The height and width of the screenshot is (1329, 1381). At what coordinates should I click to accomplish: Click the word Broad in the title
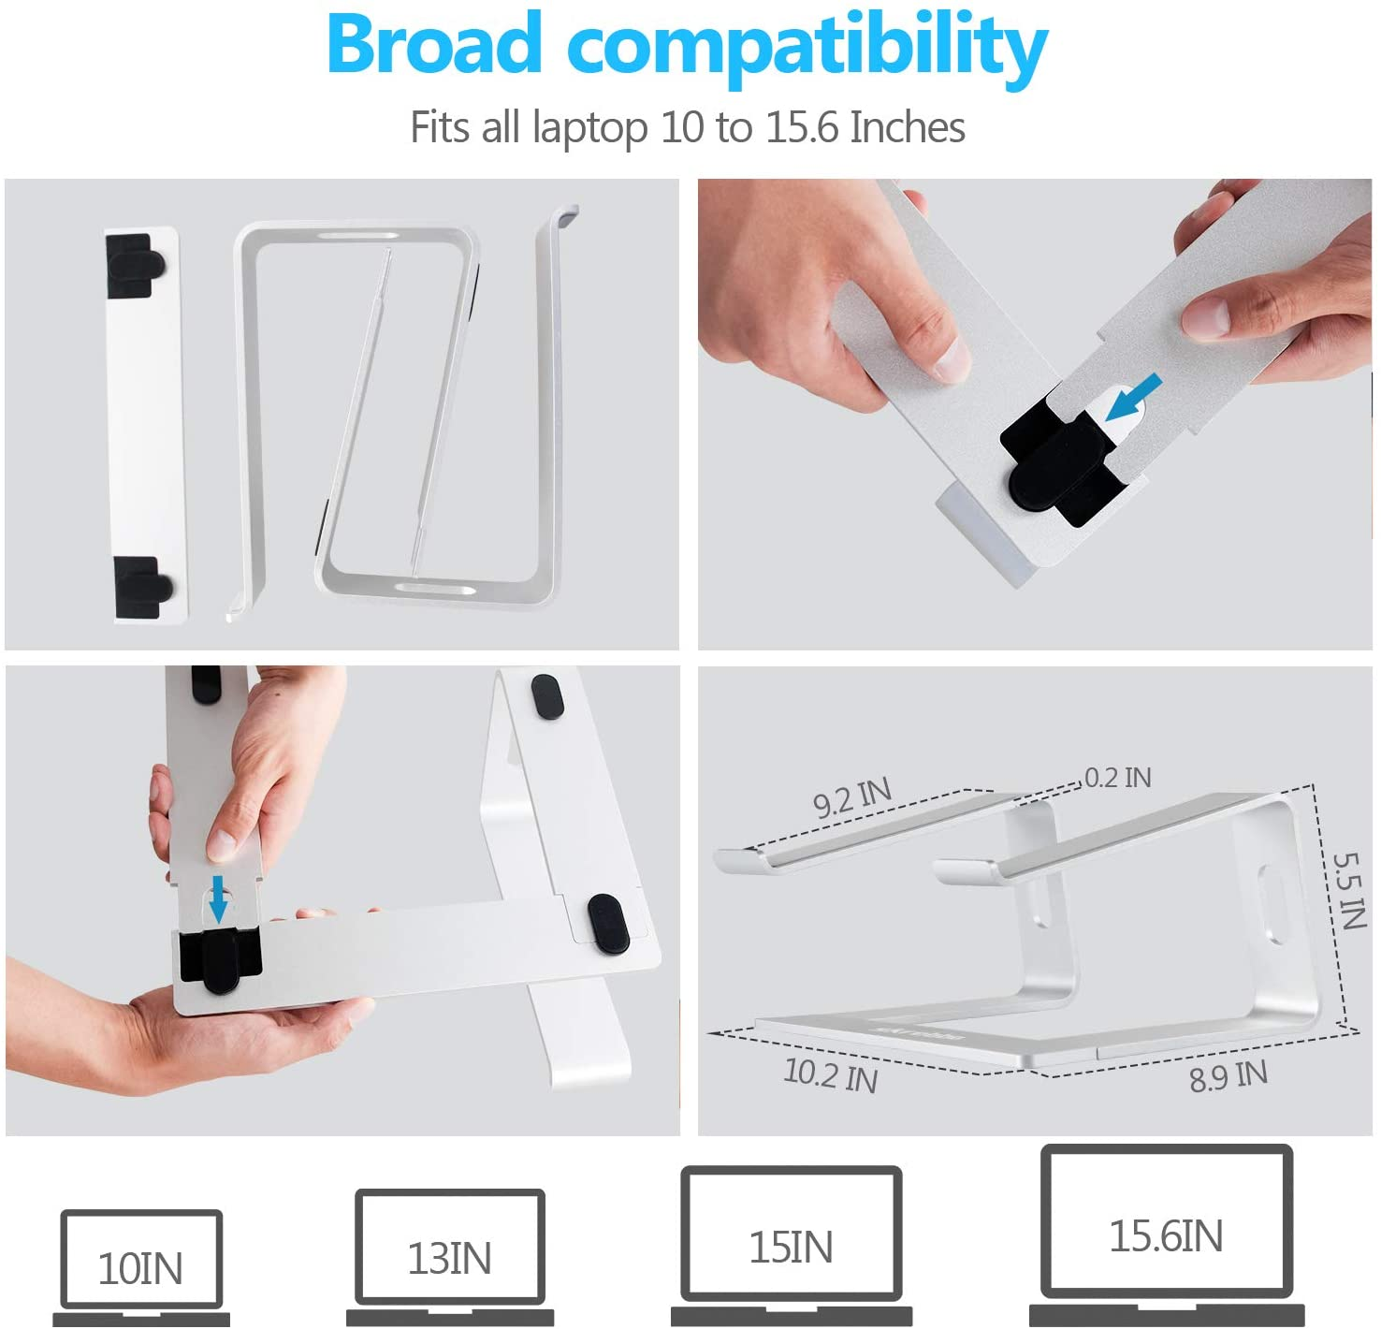434,43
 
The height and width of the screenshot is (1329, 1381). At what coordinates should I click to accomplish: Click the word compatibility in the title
807,50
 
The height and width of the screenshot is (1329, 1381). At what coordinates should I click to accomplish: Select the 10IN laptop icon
141,1267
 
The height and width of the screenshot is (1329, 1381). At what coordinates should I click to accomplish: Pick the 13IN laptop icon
450,1257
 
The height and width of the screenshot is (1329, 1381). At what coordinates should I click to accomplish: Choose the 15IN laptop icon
792,1245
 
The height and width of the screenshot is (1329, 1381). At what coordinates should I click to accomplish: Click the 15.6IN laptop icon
1167,1234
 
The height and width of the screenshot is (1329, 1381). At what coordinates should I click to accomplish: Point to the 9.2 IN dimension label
852,798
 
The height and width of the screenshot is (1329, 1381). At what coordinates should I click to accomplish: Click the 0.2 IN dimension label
1118,778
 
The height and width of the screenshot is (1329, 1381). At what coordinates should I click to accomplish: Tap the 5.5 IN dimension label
1350,892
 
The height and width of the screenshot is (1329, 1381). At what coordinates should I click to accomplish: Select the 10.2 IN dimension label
830,1074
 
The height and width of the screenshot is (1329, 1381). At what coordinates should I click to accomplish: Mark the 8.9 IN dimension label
1228,1075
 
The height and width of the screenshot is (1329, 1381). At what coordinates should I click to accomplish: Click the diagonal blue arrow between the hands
1133,399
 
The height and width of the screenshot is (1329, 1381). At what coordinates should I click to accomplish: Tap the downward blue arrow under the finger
219,898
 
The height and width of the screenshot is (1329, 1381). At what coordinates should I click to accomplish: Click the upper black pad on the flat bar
134,265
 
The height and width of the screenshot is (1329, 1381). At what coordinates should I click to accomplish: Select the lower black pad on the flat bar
143,587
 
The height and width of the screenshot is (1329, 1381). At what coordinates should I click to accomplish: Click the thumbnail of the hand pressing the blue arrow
342,901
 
